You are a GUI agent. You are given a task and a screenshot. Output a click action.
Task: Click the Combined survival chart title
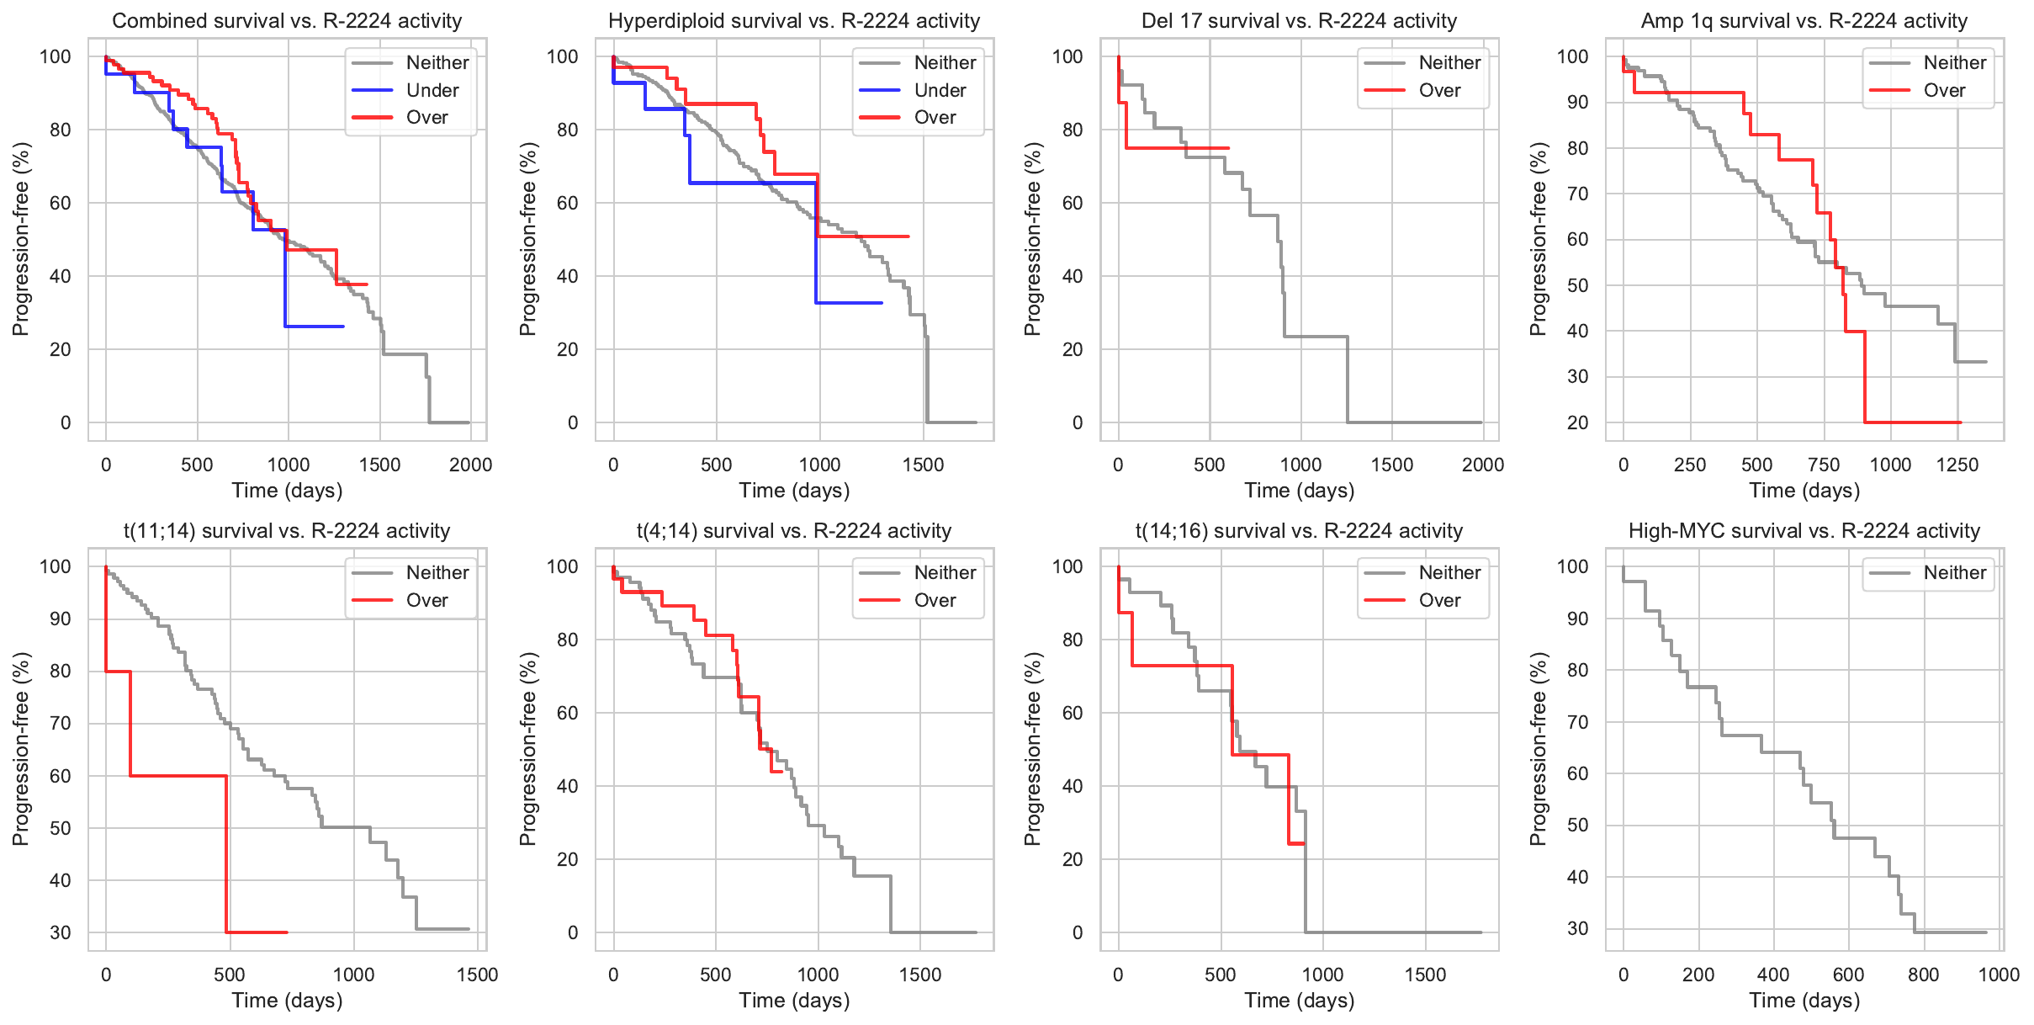(287, 21)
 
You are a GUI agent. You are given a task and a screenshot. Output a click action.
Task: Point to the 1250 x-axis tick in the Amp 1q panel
(1957, 465)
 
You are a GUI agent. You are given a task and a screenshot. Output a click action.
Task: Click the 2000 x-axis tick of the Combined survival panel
(470, 465)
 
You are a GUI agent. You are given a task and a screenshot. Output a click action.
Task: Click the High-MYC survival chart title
(1804, 531)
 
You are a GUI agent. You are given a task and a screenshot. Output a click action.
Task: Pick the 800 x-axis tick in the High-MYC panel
(1924, 975)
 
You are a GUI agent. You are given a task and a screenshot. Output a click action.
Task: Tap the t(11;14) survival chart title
(287, 531)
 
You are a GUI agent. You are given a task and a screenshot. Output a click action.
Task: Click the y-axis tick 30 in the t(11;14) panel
(61, 932)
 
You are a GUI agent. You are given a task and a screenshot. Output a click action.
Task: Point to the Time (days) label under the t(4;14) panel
(794, 1001)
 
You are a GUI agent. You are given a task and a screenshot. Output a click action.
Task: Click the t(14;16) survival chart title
(1299, 531)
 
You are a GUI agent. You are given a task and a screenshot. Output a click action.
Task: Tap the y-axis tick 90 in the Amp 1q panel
(1573, 103)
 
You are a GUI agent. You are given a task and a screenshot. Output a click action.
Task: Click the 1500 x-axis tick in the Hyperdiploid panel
(924, 465)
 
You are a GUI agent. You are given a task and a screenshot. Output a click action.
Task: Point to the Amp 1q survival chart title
(1804, 21)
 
